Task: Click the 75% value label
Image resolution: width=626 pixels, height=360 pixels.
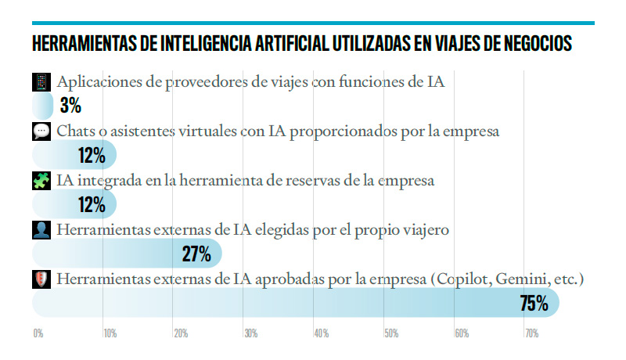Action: pos(534,303)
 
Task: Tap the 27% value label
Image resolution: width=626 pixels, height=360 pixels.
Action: pos(196,254)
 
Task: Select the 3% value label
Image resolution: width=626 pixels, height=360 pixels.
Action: pos(70,106)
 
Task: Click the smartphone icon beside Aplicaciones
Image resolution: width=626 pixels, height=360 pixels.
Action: pos(41,82)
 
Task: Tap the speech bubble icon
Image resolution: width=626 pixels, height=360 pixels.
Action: pos(41,131)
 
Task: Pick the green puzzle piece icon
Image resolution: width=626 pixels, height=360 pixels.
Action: pos(41,181)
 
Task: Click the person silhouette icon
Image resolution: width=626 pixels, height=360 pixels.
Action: pos(41,230)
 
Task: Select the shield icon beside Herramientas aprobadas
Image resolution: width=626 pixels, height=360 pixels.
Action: pos(41,279)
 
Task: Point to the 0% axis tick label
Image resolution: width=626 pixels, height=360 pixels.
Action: pos(38,333)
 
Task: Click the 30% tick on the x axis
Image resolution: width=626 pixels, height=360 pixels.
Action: pos(251,333)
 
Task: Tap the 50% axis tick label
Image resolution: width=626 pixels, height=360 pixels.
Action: pos(392,333)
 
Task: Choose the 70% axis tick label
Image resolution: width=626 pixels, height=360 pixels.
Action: pos(532,333)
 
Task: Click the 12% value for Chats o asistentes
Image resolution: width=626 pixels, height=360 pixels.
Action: pos(92,155)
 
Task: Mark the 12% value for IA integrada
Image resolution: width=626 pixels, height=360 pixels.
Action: pos(92,205)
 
